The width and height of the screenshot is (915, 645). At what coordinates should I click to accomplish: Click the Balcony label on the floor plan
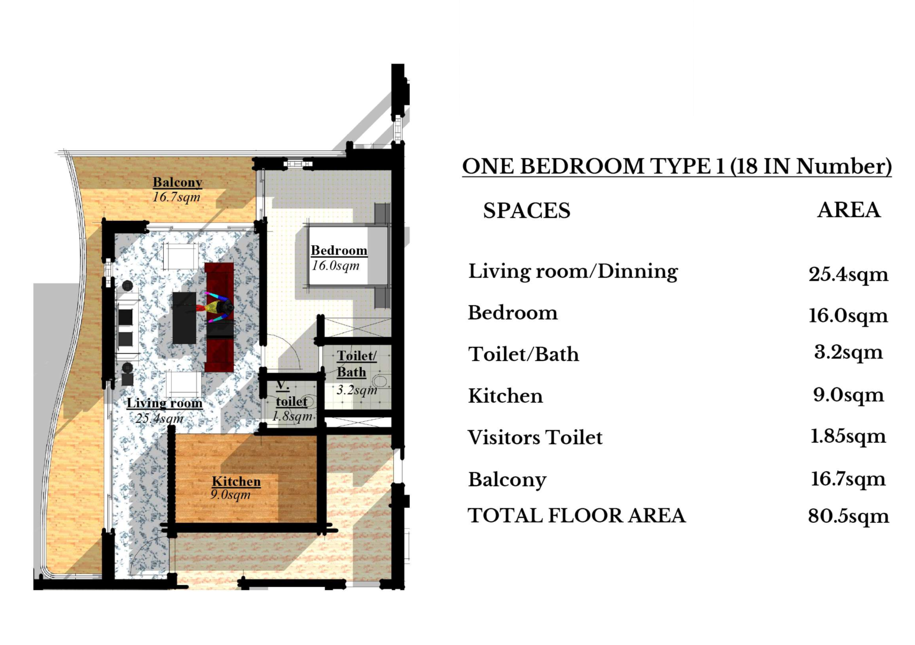(177, 182)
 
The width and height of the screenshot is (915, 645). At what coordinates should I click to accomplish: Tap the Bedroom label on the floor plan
(339, 250)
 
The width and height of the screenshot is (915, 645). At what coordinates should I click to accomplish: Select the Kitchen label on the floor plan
(236, 481)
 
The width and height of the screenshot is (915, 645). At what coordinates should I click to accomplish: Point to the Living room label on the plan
(164, 403)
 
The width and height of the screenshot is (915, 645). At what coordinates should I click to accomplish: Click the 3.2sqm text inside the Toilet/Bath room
(357, 390)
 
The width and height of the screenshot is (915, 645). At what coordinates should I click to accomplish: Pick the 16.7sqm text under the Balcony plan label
(176, 197)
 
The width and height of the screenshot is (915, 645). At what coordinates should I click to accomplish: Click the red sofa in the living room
(219, 317)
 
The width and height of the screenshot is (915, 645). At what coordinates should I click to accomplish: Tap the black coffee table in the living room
(184, 317)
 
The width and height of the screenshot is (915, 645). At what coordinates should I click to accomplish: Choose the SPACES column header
(527, 211)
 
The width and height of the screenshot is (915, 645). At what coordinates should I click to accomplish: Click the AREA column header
(848, 210)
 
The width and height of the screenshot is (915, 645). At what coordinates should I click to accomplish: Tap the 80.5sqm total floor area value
(848, 516)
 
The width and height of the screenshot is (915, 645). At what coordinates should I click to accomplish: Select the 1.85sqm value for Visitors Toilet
(848, 436)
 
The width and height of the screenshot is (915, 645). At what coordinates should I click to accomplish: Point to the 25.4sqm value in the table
(848, 275)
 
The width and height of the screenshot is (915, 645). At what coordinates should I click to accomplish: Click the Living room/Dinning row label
(573, 272)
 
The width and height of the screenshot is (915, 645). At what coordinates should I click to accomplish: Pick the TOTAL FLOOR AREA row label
(576, 516)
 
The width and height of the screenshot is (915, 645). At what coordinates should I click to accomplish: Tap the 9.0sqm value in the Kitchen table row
(848, 395)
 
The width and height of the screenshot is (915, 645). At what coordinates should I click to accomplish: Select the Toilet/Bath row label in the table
(524, 355)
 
